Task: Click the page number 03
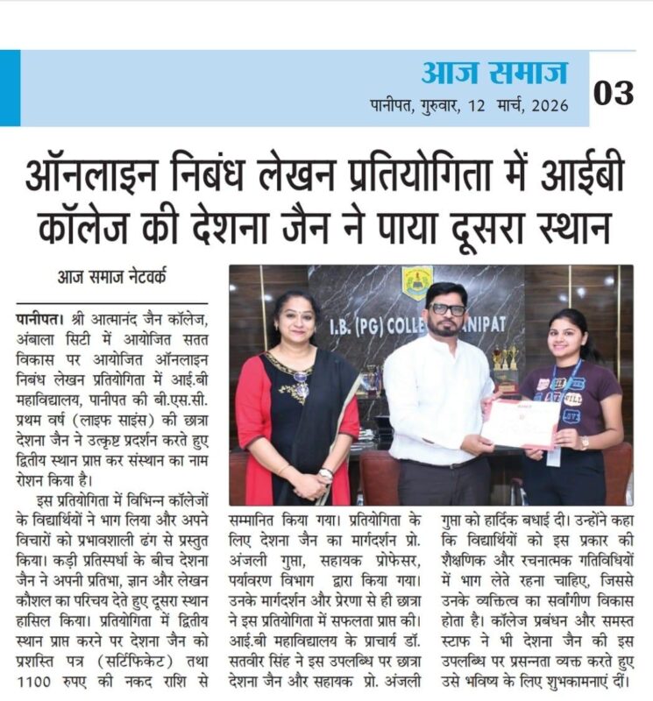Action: [614, 92]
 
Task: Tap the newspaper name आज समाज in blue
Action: [494, 73]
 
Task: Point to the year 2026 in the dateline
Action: [545, 105]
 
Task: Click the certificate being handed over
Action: [521, 424]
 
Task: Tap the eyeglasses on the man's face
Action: [448, 309]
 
